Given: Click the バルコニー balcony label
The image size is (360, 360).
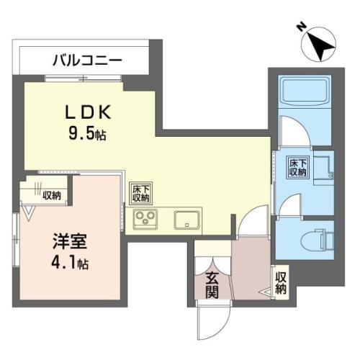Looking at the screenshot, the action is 87,60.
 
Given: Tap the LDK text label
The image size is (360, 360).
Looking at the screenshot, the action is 89,112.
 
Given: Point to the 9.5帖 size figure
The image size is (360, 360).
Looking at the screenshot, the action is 87,133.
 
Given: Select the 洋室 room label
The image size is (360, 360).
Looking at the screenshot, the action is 70,241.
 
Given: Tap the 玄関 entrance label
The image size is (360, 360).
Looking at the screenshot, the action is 212,286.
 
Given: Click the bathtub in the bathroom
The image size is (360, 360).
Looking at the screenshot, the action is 305,91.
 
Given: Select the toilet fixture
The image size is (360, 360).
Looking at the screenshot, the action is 317,240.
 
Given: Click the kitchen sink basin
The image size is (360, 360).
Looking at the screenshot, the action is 187,220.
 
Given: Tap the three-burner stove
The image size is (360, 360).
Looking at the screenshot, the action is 145,219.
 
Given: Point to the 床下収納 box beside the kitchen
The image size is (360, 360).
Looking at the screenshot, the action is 140,194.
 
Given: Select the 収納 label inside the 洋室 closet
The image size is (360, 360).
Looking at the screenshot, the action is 52,196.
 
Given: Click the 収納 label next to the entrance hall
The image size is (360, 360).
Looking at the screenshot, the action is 281,283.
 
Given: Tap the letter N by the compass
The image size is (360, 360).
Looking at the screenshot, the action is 302,27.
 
